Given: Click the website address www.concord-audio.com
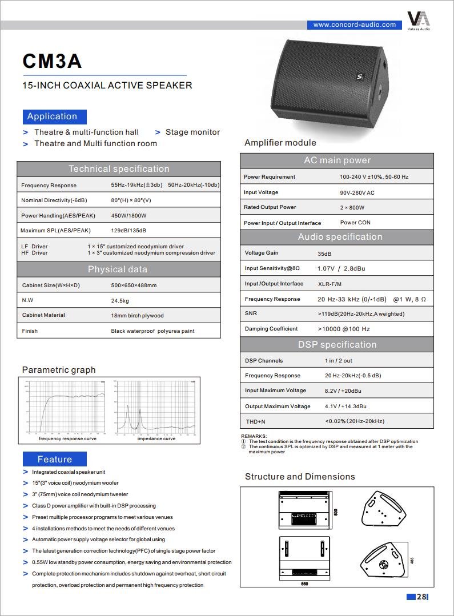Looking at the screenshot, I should [354, 25].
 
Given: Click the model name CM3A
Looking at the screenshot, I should [52, 61].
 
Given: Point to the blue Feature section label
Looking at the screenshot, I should [54, 459].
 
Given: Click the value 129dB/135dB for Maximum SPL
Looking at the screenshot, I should [128, 231].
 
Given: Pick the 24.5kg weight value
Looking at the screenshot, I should [120, 300].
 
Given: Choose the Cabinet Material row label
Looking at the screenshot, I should [43, 315].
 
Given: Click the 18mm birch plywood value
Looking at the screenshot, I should [137, 315].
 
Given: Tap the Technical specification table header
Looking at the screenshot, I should [118, 169].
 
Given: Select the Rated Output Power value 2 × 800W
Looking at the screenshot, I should [352, 208].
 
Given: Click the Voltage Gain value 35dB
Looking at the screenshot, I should [324, 253].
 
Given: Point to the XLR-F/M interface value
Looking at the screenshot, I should [330, 284].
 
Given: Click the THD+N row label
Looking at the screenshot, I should [255, 421].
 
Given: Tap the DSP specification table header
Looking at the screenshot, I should [337, 345].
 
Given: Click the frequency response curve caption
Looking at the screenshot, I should [67, 438].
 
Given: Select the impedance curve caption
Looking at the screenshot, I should [156, 438].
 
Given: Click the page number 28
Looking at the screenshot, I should [421, 597].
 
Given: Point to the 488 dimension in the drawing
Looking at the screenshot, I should [412, 561].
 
